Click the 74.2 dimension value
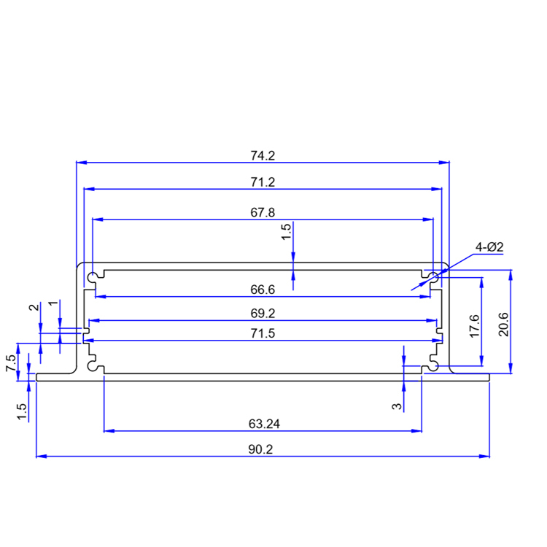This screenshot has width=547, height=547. pos(262,155)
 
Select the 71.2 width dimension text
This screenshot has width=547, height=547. pos(262,182)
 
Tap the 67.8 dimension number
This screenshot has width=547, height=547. pos(262,212)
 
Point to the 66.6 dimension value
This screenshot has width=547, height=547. pos(262,290)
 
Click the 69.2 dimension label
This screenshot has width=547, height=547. pos(262,314)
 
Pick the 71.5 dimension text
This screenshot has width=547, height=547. pos(262,333)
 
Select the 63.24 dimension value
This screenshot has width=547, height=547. pos(263,423)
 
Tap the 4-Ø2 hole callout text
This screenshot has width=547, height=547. pos(490,247)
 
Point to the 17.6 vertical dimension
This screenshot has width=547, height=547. pos(473,325)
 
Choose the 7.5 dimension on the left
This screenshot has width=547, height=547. pos(11,364)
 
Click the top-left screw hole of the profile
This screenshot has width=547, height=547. pos(92,278)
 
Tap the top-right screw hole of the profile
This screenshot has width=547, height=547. pos(432,277)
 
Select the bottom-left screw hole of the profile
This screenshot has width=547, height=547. pos(92,360)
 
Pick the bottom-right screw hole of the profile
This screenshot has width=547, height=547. pos(432,360)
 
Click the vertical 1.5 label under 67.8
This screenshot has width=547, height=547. pos(287,232)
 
